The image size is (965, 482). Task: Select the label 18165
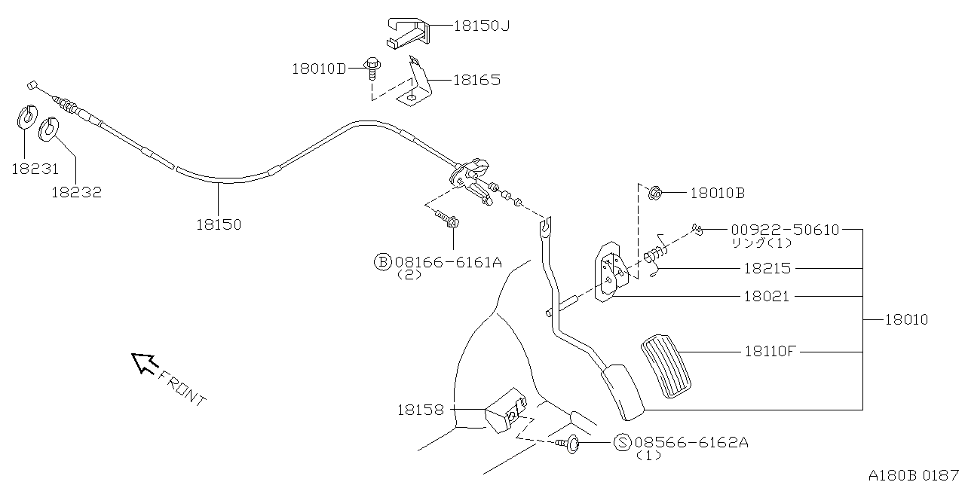476,80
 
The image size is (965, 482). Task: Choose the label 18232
76,192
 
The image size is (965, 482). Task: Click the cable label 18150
219,224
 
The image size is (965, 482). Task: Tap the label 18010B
717,194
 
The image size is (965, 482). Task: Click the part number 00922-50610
784,230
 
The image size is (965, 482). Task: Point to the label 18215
767,268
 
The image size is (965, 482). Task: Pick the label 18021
766,297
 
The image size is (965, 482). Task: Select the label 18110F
770,351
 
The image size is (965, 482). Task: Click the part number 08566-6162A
691,443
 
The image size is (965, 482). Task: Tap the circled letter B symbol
382,262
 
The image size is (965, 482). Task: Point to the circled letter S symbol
623,443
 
